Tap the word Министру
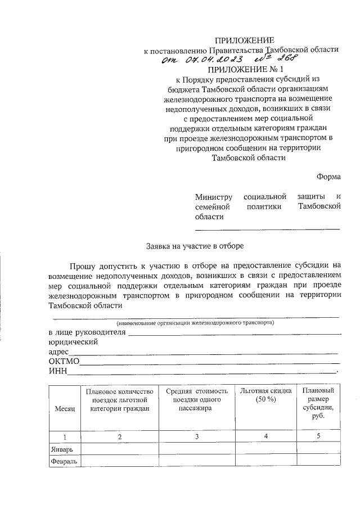coord(214,197)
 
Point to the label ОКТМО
coord(64,361)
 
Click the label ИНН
coord(57,371)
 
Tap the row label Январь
coord(61,449)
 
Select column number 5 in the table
coord(318,436)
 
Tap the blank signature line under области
coord(267,229)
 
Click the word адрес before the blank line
coord(58,352)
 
